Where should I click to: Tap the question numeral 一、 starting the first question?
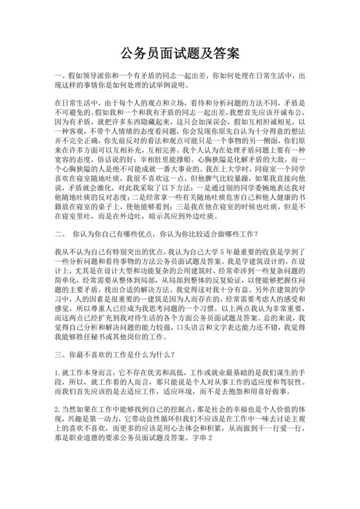61,76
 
